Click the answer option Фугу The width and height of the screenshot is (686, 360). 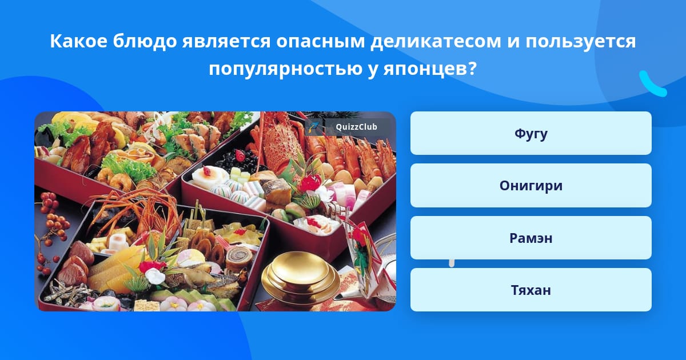(x=531, y=133)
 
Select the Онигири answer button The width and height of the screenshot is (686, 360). (x=531, y=186)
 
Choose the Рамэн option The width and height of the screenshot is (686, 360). (x=531, y=238)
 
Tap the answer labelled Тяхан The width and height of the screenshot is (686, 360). (x=531, y=290)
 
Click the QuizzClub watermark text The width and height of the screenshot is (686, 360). (x=356, y=127)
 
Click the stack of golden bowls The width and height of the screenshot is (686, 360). (x=300, y=278)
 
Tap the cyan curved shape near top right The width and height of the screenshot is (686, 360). (x=652, y=85)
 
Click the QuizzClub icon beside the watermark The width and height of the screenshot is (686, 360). (x=314, y=127)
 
